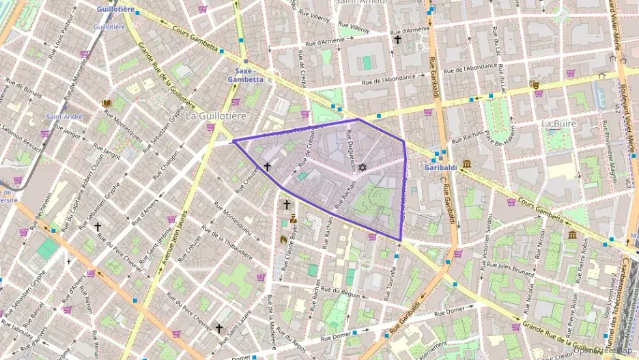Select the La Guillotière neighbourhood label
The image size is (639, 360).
click(x=216, y=116)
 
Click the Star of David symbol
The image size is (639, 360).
click(x=362, y=167)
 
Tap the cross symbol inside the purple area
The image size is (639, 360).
click(x=267, y=166)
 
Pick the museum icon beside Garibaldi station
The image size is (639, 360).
click(x=467, y=164)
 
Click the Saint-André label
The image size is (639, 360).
click(x=65, y=117)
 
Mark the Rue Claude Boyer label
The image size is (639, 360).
click(x=293, y=243)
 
